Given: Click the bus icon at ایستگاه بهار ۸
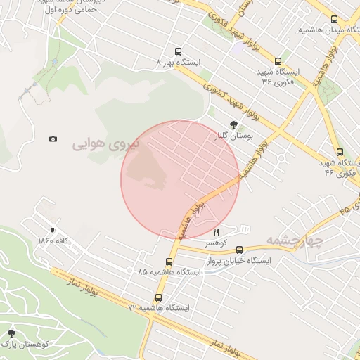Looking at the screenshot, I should click(177, 51).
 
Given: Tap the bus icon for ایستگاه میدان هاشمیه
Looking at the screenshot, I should click(333, 20).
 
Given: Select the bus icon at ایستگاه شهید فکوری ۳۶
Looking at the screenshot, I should click(276, 61).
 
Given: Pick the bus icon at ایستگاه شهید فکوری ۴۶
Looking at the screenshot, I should click(340, 152).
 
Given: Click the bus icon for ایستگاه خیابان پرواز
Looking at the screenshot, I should click(240, 249).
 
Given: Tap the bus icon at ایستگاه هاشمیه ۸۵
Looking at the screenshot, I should click(168, 262).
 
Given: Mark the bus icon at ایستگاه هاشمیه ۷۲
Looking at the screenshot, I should click(158, 297).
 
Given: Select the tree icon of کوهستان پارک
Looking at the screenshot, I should click(11, 333).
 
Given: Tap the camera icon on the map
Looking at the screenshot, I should click(53, 139).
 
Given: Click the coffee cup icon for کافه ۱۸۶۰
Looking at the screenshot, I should click(53, 230).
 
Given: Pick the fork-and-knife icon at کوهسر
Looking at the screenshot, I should click(216, 232).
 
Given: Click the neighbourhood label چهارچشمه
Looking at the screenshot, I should click(294, 241).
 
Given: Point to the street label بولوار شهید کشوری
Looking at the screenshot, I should click(236, 102).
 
